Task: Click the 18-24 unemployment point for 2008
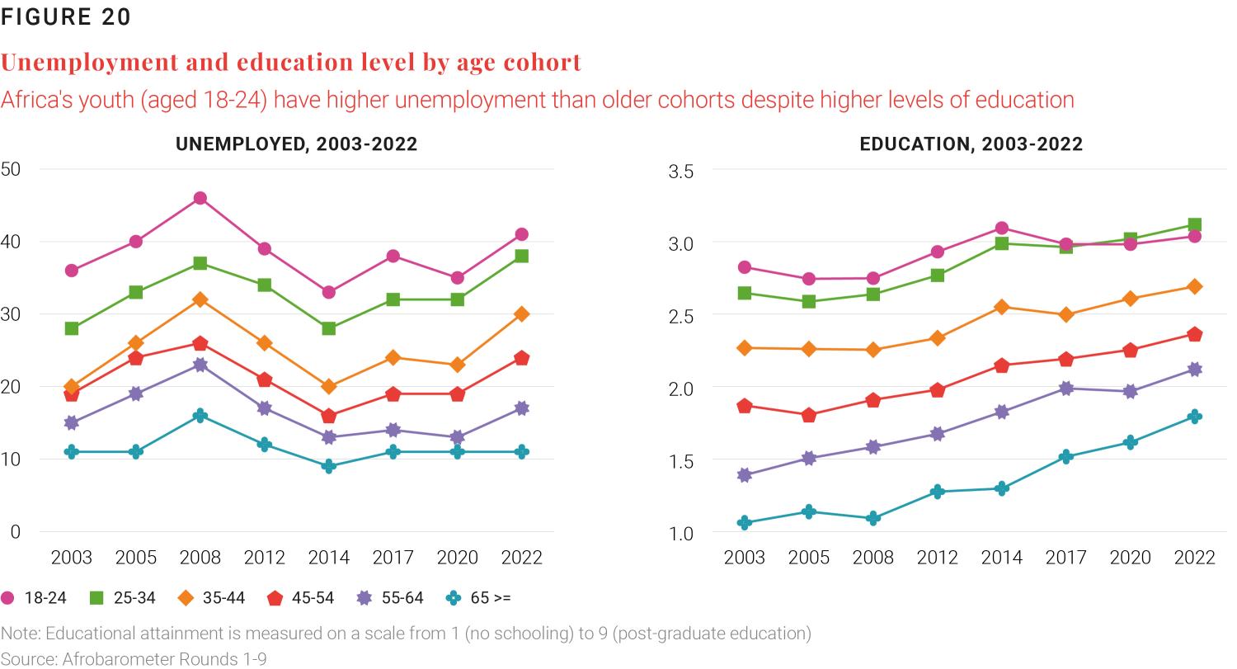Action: point(200,198)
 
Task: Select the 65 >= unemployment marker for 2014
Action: point(329,466)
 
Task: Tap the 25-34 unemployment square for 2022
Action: point(521,257)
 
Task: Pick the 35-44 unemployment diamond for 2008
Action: point(200,299)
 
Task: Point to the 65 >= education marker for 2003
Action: point(745,522)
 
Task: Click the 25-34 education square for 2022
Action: point(1194,225)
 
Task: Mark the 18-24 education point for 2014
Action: point(1001,228)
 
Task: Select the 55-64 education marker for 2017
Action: point(1065,389)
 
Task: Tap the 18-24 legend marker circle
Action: point(9,598)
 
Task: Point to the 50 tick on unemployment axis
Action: point(12,169)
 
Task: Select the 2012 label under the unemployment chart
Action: point(265,558)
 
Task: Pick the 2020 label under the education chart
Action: point(1130,558)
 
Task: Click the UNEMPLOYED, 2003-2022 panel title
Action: point(296,144)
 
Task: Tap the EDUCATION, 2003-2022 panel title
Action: point(971,144)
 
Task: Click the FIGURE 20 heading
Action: point(66,17)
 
